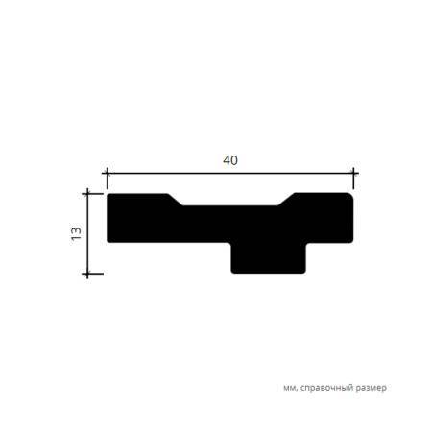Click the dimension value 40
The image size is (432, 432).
point(230,160)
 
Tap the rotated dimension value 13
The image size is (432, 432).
point(76,233)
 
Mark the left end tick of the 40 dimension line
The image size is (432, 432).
point(107,174)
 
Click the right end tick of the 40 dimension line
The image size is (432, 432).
point(353,174)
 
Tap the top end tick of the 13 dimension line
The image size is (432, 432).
point(87,193)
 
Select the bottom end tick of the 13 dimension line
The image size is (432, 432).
point(87,274)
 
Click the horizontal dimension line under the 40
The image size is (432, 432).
point(230,174)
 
